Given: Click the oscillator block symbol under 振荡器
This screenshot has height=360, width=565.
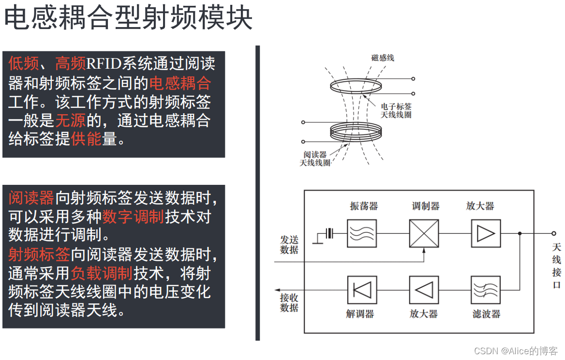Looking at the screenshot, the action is pyautogui.click(x=362, y=233).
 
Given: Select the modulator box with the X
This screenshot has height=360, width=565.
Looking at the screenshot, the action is pyautogui.click(x=424, y=233).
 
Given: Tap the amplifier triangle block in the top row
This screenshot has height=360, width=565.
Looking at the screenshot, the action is pyautogui.click(x=486, y=233).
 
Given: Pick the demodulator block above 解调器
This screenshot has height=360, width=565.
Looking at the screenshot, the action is pyautogui.click(x=362, y=290).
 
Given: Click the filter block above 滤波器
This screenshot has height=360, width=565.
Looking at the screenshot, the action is pyautogui.click(x=486, y=290).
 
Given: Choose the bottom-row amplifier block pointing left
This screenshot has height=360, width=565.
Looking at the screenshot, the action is pyautogui.click(x=424, y=290).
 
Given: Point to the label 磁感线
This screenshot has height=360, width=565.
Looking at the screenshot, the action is pyautogui.click(x=382, y=58).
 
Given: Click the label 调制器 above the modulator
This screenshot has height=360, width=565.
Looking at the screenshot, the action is pyautogui.click(x=426, y=206).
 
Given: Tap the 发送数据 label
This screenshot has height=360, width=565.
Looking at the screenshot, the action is pyautogui.click(x=289, y=245).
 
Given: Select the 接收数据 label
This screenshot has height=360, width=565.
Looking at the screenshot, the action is pyautogui.click(x=289, y=303).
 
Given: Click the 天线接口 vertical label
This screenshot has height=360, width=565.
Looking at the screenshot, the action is pyautogui.click(x=557, y=266).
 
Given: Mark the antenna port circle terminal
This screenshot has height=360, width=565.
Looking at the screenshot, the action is pyautogui.click(x=554, y=233).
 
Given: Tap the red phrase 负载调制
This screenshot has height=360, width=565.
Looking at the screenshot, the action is pyautogui.click(x=102, y=273).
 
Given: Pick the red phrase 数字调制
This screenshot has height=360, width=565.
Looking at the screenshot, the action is pyautogui.click(x=133, y=217).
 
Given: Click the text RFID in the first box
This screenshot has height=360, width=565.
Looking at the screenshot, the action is pyautogui.click(x=104, y=63).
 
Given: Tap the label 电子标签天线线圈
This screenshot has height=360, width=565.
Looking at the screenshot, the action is pyautogui.click(x=396, y=110).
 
